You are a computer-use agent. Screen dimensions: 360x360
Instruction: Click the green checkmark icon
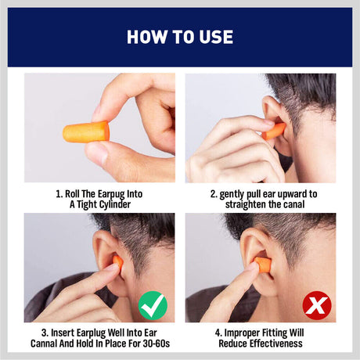(x=153, y=304)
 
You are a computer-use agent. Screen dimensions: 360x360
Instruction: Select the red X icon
(x=316, y=304)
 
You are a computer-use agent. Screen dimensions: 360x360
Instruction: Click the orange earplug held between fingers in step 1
(x=86, y=131)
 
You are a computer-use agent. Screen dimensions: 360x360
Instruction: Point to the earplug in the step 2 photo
(x=274, y=131)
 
